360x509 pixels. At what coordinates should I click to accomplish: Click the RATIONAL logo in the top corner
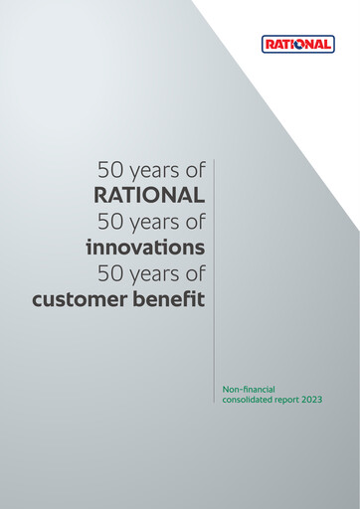pyautogui.click(x=298, y=45)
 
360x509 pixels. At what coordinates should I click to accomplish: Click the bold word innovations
pyautogui.click(x=145, y=246)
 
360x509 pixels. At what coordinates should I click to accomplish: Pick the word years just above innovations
pyautogui.click(x=153, y=220)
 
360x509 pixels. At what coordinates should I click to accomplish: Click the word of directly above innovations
pyautogui.click(x=193, y=219)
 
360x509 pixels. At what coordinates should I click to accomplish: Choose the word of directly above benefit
pyautogui.click(x=193, y=271)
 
